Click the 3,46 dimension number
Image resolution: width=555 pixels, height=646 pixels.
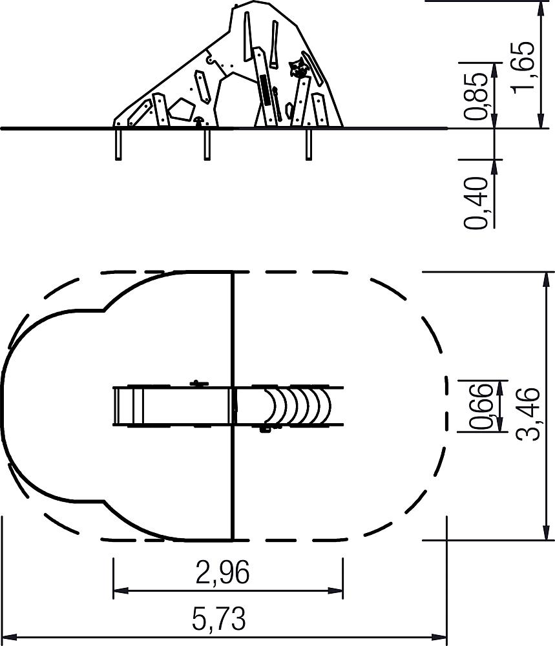[529, 413]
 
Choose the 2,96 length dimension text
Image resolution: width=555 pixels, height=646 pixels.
[222, 572]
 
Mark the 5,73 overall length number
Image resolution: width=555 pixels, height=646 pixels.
[219, 618]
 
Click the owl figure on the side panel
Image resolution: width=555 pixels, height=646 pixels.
[298, 68]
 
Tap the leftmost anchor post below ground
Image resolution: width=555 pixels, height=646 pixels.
[118, 144]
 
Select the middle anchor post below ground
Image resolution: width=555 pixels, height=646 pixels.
[207, 144]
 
